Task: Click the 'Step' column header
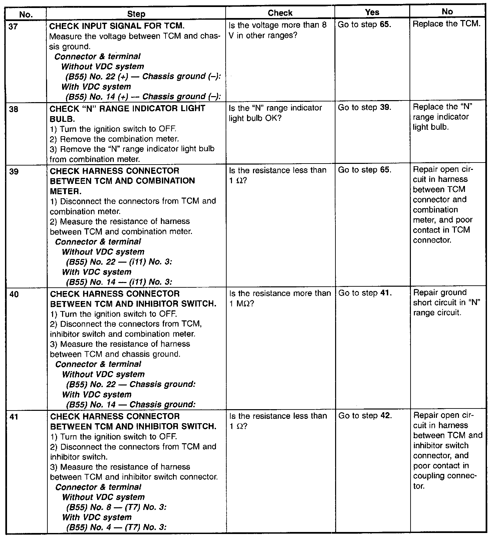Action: (136, 14)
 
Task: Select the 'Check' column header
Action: (280, 13)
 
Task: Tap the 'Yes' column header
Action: (372, 12)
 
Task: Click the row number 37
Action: (13, 26)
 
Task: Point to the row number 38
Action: (14, 109)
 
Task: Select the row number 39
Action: (14, 172)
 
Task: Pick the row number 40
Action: (14, 294)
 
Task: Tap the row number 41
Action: (14, 417)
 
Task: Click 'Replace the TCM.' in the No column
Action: (447, 24)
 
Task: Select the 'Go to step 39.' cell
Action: (364, 107)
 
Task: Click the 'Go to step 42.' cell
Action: (365, 416)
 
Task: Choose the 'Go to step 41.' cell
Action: (365, 293)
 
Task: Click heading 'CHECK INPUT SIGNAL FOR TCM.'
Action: (117, 26)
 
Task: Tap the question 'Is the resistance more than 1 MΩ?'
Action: (280, 298)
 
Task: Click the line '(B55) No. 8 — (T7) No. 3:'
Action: (116, 507)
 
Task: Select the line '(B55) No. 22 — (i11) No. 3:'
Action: (119, 262)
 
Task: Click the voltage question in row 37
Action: (278, 30)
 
